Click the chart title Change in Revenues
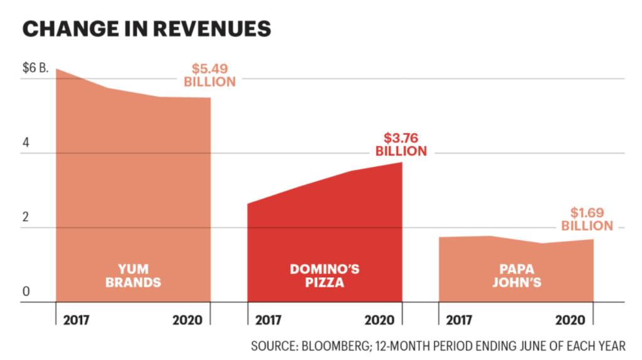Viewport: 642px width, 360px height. tap(147, 29)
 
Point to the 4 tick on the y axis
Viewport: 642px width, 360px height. tap(26, 142)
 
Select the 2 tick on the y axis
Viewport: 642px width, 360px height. tap(26, 217)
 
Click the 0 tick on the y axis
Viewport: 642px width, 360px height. tap(26, 291)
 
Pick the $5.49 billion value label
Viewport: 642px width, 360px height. tap(209, 75)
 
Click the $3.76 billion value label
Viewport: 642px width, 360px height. tap(401, 144)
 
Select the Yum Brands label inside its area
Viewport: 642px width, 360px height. tap(133, 275)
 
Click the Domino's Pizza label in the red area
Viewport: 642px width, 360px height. tap(325, 275)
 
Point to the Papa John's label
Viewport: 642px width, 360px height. tap(516, 275)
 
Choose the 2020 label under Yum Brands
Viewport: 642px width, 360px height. tap(187, 320)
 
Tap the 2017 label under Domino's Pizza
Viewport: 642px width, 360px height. tap(268, 320)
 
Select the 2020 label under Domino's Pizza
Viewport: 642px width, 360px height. tap(379, 320)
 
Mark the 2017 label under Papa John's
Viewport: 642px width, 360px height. tap(460, 320)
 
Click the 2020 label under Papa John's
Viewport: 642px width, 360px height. tap(571, 320)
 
